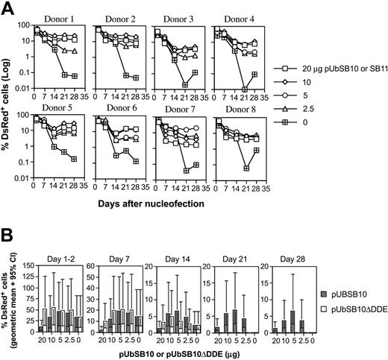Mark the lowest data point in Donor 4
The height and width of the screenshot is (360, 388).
coord(245,89)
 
